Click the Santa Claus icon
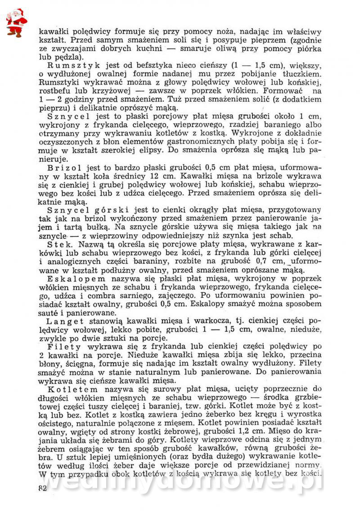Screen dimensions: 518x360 coord(16,22)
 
